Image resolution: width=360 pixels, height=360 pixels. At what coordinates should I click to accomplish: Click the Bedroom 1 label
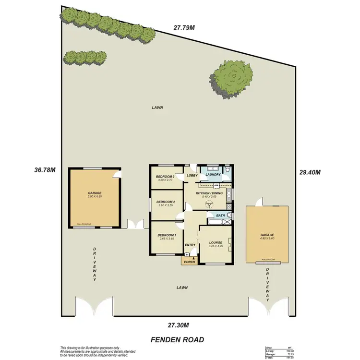pyautogui.click(x=167, y=235)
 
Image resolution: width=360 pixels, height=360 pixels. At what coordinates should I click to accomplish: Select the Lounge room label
pyautogui.click(x=216, y=242)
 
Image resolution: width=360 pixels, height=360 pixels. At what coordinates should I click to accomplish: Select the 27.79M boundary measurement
pyautogui.click(x=184, y=27)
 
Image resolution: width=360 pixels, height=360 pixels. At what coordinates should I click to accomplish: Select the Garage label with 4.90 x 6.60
pyautogui.click(x=267, y=235)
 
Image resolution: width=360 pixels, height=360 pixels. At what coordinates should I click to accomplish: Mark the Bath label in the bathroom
pyautogui.click(x=220, y=216)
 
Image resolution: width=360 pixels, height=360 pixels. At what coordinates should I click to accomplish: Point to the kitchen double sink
pyautogui.click(x=230, y=195)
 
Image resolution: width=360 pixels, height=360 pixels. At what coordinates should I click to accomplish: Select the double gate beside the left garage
pyautogui.click(x=135, y=223)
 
